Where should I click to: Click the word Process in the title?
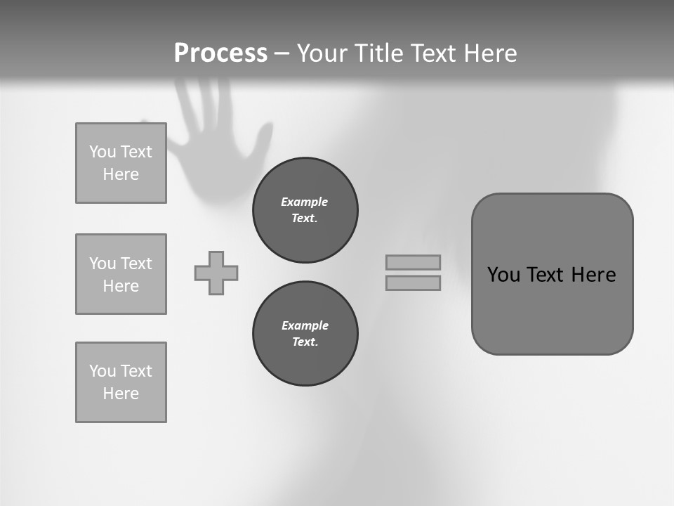pyautogui.click(x=220, y=53)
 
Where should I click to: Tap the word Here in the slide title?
pyautogui.click(x=488, y=53)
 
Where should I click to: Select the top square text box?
pyautogui.click(x=121, y=163)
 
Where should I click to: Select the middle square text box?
pyautogui.click(x=121, y=274)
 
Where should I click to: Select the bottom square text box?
pyautogui.click(x=121, y=382)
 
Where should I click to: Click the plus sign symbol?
pyautogui.click(x=216, y=273)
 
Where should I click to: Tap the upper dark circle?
pyautogui.click(x=305, y=210)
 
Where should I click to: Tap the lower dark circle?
pyautogui.click(x=305, y=334)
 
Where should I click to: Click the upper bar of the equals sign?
pyautogui.click(x=413, y=262)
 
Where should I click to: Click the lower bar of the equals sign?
pyautogui.click(x=413, y=283)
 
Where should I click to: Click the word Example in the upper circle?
pyautogui.click(x=305, y=202)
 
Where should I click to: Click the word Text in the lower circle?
pyautogui.click(x=304, y=342)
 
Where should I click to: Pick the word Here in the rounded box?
pyautogui.click(x=593, y=275)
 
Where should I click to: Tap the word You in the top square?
pyautogui.click(x=103, y=152)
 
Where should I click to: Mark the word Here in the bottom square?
pyautogui.click(x=121, y=394)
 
